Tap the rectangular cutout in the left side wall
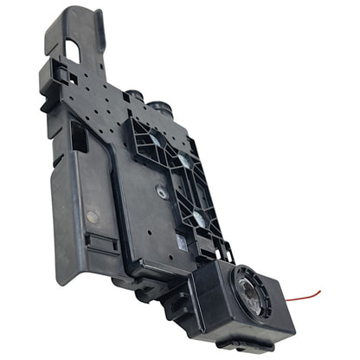77,134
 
